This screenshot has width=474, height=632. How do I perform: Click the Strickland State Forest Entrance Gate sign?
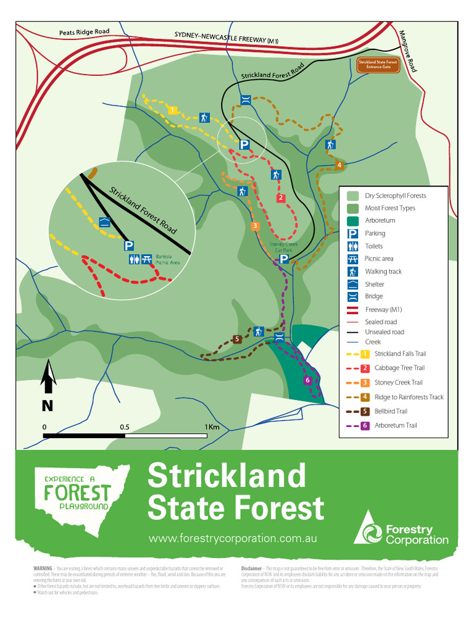[377, 65]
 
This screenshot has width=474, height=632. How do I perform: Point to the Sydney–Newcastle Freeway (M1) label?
[227, 38]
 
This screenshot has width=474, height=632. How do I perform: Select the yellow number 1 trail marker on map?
[173, 110]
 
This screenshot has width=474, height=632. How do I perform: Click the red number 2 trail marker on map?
[280, 197]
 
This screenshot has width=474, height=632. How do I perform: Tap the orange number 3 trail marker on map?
[254, 226]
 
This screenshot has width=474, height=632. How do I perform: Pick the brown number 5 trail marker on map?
[236, 338]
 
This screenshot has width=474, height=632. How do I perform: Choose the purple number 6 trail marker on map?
[307, 380]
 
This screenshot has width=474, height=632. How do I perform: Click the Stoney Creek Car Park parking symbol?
[284, 259]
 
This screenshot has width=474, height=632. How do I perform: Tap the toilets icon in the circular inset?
[135, 260]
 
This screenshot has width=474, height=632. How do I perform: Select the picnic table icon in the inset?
[147, 260]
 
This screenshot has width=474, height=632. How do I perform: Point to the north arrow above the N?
[48, 378]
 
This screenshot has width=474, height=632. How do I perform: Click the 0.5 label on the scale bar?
[125, 427]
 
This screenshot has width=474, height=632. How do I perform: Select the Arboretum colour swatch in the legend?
[353, 221]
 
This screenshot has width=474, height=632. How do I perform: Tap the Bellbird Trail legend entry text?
[391, 411]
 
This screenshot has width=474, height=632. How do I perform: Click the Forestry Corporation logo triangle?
[369, 528]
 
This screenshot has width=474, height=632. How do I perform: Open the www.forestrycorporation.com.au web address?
[233, 538]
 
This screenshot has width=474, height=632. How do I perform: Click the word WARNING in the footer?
[43, 568]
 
